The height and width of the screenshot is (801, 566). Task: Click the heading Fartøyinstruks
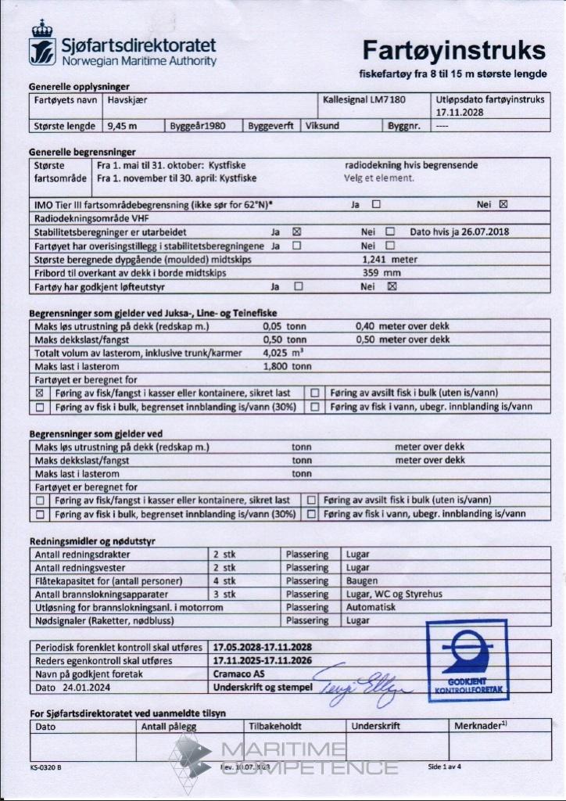[x=453, y=50]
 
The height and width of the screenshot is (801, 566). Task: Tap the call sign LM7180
[x=388, y=100]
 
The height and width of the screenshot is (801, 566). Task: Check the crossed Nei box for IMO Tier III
[x=503, y=205]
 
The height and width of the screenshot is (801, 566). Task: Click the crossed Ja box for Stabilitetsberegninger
[x=296, y=232]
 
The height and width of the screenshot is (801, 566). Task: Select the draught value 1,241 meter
[x=389, y=258]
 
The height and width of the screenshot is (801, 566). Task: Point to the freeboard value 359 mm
[x=382, y=272]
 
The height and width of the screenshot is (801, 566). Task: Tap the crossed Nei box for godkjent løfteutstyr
[x=392, y=286]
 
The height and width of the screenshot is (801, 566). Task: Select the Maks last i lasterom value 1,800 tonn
[x=288, y=366]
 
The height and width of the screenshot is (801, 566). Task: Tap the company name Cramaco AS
[x=235, y=673]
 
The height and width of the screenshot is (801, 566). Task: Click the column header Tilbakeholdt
[x=274, y=726]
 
